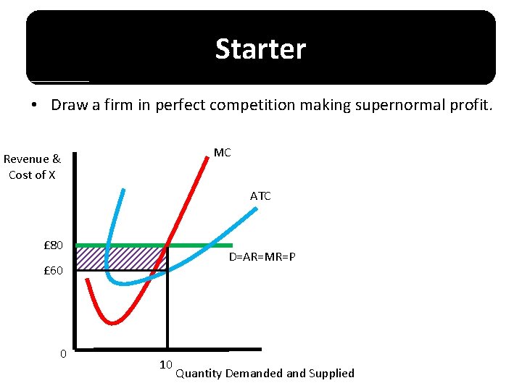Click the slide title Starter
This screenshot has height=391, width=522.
tap(260, 49)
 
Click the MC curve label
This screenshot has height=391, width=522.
tap(222, 153)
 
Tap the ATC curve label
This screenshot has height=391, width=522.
tap(260, 196)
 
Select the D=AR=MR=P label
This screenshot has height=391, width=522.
tap(262, 258)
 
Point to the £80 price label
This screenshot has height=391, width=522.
tap(53, 245)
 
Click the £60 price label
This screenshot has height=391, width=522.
tap(53, 271)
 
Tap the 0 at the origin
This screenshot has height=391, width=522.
tap(63, 353)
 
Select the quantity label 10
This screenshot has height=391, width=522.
tap(165, 364)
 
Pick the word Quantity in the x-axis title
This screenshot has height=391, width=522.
tap(199, 374)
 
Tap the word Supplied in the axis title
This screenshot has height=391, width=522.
tap(331, 374)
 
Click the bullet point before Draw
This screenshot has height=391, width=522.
tap(35, 106)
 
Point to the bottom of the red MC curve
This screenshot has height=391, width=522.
tap(112, 322)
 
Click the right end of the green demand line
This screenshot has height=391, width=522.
tap(231, 245)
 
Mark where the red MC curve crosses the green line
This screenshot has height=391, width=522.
tap(168, 245)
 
